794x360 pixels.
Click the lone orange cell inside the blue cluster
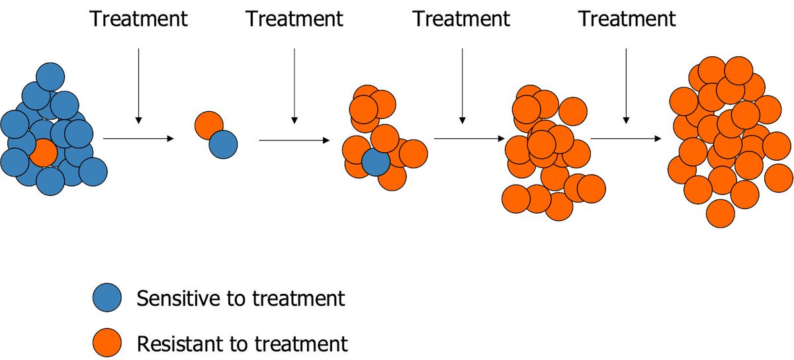43,152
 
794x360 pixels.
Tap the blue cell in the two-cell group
223,144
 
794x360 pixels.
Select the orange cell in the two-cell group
208,124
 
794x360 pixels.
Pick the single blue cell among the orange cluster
375,162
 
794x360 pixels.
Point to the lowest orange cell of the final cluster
721,213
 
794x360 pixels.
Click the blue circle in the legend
107,298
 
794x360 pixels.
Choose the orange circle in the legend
107,343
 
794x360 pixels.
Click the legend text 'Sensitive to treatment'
240,298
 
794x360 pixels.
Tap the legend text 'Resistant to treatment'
242,343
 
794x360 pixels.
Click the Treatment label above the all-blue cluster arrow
138,19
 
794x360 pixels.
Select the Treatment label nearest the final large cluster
627,19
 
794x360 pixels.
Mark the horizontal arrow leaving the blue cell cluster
138,138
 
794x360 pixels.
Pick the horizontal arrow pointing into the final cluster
626,139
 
